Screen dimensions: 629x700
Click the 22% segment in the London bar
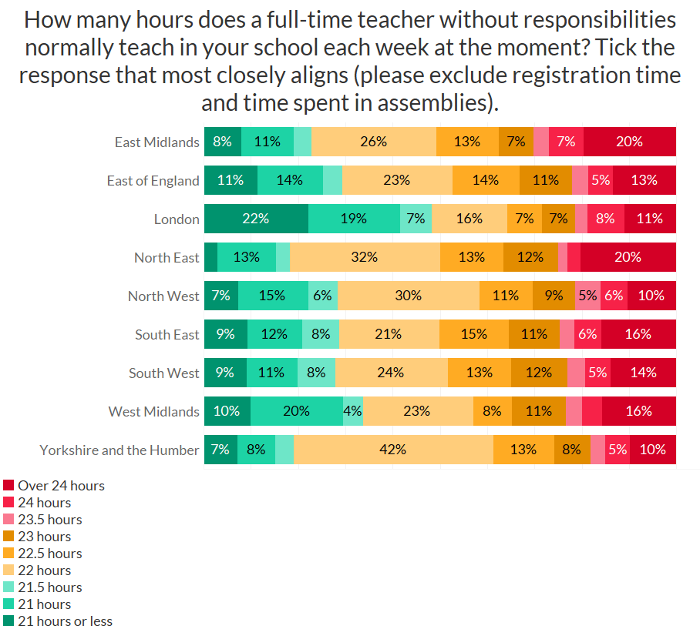pos(255,219)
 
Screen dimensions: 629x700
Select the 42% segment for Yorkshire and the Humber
pos(393,450)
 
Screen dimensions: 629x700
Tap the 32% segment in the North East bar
pos(365,257)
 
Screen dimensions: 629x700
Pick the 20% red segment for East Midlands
pos(629,142)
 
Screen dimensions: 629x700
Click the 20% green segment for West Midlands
pos(296,411)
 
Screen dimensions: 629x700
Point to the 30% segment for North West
pos(408,296)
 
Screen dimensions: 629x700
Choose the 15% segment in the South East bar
pos(473,334)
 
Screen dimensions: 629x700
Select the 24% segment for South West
pos(391,373)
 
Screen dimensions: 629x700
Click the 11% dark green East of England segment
pos(231,180)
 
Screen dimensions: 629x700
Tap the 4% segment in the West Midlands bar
pos(353,411)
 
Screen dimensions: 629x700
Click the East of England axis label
pos(153,181)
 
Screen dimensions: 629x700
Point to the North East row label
pos(167,258)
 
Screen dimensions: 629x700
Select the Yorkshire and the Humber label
pos(119,450)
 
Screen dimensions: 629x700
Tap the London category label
pos(177,219)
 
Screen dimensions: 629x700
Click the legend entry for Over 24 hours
pos(61,486)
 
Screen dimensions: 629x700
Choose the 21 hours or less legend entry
pos(65,621)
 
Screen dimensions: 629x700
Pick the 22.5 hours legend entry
pos(49,554)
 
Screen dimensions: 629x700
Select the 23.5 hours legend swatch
pos(8,520)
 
